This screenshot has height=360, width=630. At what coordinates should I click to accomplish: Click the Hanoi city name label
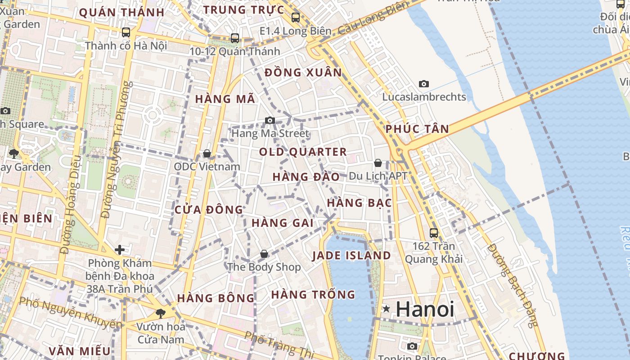pos(425,309)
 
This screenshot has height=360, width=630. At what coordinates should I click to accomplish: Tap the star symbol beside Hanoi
pos(386,309)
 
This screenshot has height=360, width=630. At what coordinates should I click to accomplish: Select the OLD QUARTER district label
pos(303,152)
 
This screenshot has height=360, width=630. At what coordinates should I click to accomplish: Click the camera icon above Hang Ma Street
pos(270,120)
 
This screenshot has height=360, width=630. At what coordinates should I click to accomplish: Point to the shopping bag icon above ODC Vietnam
pos(207,154)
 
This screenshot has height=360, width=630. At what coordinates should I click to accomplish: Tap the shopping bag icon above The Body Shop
pos(264,254)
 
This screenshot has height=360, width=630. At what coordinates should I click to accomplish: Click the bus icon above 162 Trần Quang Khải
pos(434,233)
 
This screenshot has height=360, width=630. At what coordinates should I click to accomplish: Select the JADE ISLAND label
pos(351,256)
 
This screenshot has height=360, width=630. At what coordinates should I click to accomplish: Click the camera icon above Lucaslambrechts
pos(424,84)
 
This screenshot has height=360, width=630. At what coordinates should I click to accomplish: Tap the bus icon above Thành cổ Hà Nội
pos(126,32)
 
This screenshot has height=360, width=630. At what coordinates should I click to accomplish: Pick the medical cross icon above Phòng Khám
pos(120,249)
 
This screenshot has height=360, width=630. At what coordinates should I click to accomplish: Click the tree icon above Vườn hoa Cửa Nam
pos(160,313)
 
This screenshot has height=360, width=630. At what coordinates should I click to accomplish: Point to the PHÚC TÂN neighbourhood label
pos(417,129)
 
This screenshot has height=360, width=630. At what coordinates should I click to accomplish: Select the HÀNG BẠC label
pos(359,203)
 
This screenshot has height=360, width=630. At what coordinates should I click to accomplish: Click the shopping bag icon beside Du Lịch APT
pos(378,163)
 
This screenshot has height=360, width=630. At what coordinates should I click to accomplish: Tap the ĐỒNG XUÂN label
pos(303,72)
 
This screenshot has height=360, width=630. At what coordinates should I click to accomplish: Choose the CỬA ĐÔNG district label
pos(209,210)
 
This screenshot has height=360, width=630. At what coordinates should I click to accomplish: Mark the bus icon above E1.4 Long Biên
pos(296,18)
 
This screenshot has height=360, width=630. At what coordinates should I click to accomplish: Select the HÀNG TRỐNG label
pos(313,295)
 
